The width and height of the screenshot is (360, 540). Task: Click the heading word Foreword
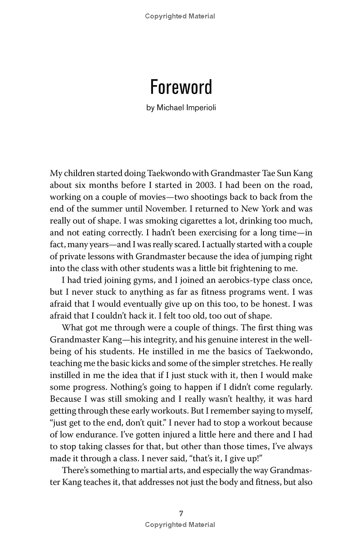(180, 87)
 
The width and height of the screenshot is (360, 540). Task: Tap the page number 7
(180, 513)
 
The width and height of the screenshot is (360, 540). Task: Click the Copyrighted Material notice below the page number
(180, 525)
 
